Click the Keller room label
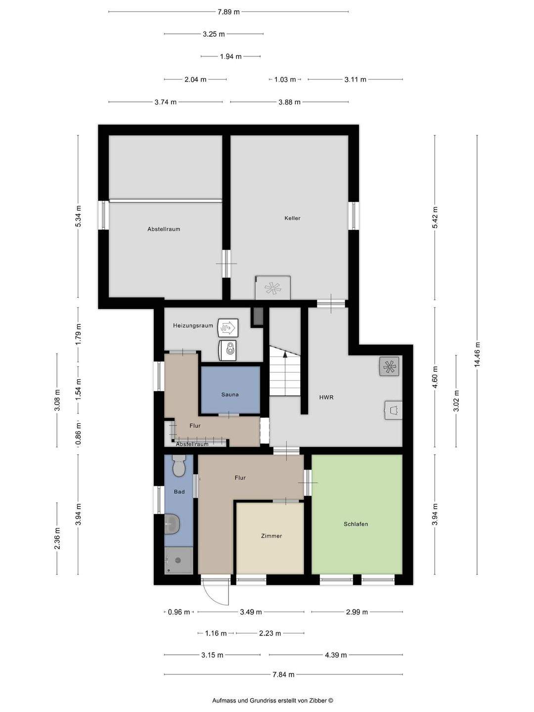click(292, 218)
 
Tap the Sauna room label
click(230, 395)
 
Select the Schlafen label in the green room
click(356, 524)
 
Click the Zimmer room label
click(271, 536)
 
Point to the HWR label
click(326, 397)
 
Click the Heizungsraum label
click(193, 325)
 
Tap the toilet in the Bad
click(178, 466)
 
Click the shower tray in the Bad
click(178, 561)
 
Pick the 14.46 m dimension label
click(477, 355)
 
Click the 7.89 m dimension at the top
click(228, 12)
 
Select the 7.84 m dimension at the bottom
click(283, 674)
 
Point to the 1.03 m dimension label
click(285, 80)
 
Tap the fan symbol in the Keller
click(272, 288)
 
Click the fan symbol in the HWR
click(390, 366)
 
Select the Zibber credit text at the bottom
click(272, 701)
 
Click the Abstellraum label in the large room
click(164, 229)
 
